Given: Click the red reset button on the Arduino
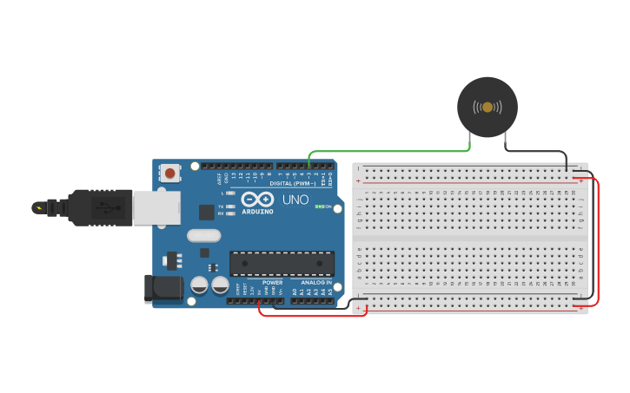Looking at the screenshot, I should pyautogui.click(x=169, y=174).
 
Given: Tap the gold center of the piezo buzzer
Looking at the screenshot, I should pyautogui.click(x=487, y=107).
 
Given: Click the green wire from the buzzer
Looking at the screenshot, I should pyautogui.click(x=391, y=152).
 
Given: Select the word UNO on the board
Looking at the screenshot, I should pyautogui.click(x=295, y=200).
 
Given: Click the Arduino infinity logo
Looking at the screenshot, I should pyautogui.click(x=257, y=199).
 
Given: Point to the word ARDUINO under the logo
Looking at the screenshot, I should pyautogui.click(x=257, y=211).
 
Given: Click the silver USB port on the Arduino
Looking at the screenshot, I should pyautogui.click(x=156, y=208).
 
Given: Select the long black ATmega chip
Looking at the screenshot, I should pyautogui.click(x=282, y=264).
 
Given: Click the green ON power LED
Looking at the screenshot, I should pyautogui.click(x=320, y=206).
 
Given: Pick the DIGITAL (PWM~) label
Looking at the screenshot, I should pyautogui.click(x=293, y=183).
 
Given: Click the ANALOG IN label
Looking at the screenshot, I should pyautogui.click(x=316, y=283).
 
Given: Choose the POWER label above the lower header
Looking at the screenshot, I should pyautogui.click(x=272, y=283).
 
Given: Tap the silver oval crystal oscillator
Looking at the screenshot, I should pyautogui.click(x=203, y=234).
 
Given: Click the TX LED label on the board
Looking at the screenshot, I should pyautogui.click(x=222, y=206).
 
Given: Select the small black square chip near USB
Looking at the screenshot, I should pyautogui.click(x=207, y=212).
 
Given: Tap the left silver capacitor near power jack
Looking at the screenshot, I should pyautogui.click(x=199, y=285).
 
